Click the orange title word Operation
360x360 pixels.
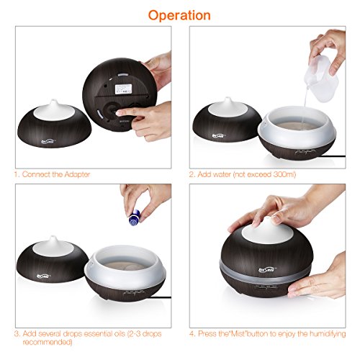pos(179,16)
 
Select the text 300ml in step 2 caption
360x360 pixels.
pos(284,174)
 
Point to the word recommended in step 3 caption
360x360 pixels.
pos(48,342)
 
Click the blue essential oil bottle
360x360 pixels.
pos(135,217)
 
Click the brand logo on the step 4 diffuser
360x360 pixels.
pos(267,270)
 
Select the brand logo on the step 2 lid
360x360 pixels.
pos(218,136)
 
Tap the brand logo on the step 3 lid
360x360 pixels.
pos(44,276)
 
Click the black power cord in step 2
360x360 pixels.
pos(333,156)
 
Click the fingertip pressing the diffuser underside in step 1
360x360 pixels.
pos(118,113)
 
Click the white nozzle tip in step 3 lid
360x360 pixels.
pos(53,238)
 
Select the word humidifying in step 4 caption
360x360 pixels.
pos(328,334)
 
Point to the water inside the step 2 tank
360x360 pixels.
pos(296,125)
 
